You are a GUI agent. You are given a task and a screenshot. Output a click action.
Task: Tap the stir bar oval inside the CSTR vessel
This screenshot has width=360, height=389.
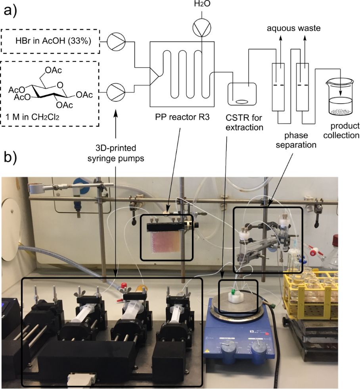coord(242,102)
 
